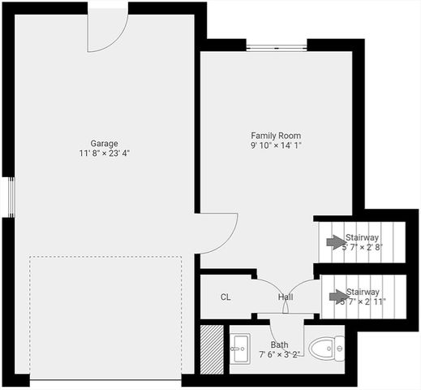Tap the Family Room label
click(276, 136)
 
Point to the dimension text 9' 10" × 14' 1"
click(276, 146)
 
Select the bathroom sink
click(241, 350)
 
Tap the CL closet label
click(226, 297)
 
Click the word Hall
click(286, 297)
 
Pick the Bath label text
click(279, 344)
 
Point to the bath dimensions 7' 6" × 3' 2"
click(279, 354)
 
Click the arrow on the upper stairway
click(334, 241)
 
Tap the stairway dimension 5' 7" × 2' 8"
click(363, 246)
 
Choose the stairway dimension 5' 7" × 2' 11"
click(363, 301)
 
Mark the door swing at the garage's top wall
click(106, 31)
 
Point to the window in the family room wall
click(277, 47)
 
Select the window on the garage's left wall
click(11, 197)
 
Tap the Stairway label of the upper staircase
click(362, 236)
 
